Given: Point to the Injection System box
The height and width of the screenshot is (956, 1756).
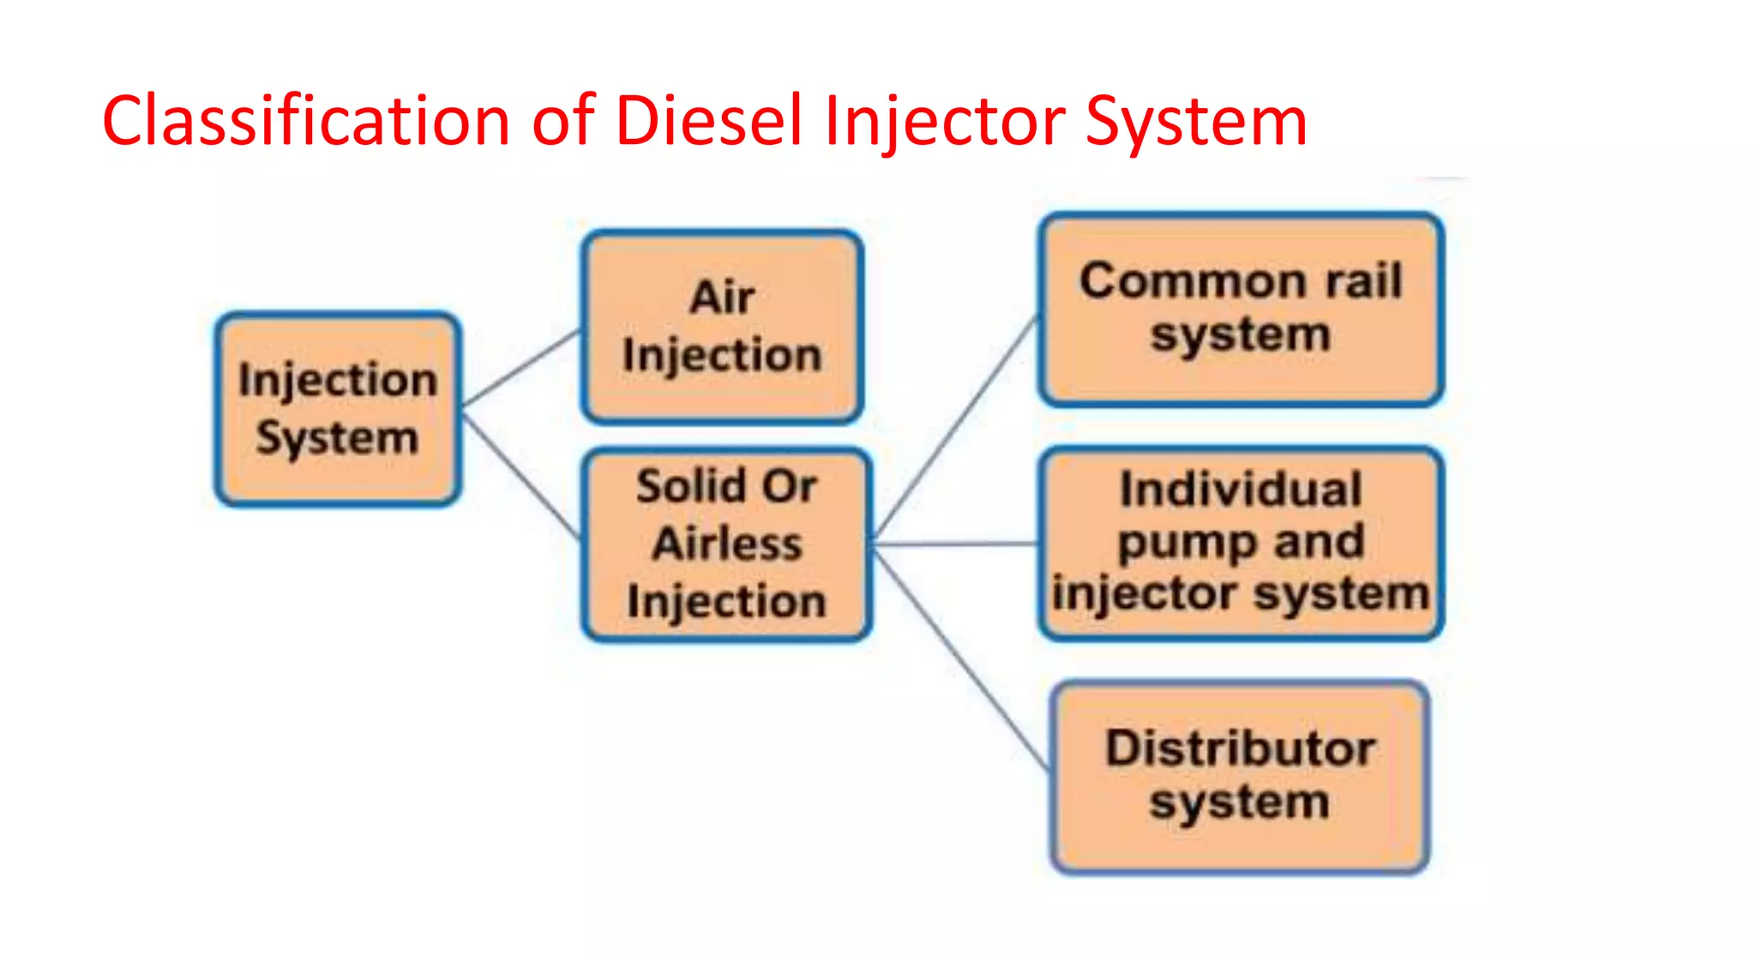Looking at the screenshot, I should [338, 408].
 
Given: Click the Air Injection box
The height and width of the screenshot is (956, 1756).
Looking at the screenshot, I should [722, 327].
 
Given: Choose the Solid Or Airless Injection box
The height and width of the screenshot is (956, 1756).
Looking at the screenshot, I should [726, 544].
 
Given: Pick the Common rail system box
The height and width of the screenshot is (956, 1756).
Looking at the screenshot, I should [1240, 308].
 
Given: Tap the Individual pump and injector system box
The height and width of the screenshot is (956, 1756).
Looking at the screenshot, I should [1240, 544].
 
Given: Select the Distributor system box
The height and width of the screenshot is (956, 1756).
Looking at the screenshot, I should [1240, 776].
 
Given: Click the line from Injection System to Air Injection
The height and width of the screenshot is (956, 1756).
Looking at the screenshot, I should [521, 367].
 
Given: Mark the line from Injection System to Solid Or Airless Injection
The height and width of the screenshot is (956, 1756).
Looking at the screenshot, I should [521, 476].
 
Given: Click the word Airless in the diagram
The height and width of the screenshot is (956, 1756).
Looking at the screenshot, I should [727, 544].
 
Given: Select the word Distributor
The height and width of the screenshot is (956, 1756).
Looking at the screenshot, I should [1240, 749].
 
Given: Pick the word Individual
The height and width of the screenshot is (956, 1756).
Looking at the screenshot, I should [1241, 490].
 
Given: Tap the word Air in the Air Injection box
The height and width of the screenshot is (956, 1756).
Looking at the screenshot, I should [722, 298].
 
